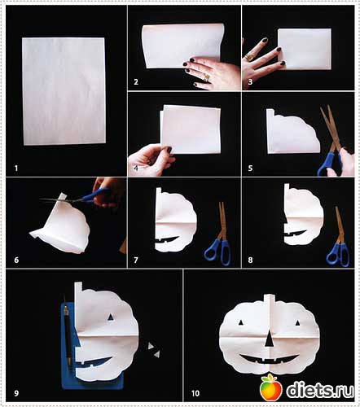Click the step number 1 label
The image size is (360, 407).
coord(16,168)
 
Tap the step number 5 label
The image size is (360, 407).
coord(250,168)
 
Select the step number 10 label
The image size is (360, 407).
coord(195,393)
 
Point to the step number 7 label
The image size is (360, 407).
coord(136,260)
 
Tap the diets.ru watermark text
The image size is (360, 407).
coord(320,390)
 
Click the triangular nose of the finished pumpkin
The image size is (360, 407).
coord(269,339)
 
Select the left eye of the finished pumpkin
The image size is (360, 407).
coord(240,322)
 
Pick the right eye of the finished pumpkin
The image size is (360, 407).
coord(297,323)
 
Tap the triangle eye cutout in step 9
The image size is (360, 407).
coord(110,317)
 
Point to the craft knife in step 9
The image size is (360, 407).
coord(68,335)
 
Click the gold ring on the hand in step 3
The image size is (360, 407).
coord(248,57)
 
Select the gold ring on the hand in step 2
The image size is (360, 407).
coord(206,77)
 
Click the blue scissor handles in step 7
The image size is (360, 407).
coord(217,252)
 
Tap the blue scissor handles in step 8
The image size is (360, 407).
coord(338,254)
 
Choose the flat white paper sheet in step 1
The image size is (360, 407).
coord(64,91)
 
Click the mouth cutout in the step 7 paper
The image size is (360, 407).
coord(167,240)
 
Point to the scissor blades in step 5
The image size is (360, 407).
coord(331,128)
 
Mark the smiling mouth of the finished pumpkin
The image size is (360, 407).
coord(269,359)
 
